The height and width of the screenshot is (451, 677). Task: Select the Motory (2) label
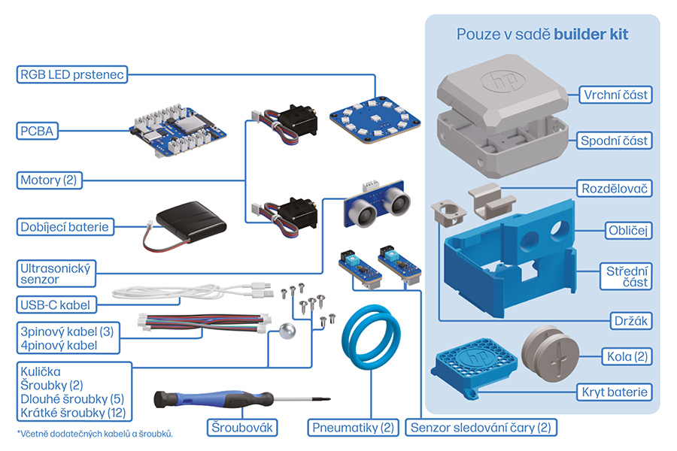point(50,180)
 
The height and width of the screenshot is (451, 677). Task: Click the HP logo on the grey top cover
point(499,80)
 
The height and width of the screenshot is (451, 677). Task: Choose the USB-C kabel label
point(54,304)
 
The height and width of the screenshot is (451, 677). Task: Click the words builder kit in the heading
point(597,35)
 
